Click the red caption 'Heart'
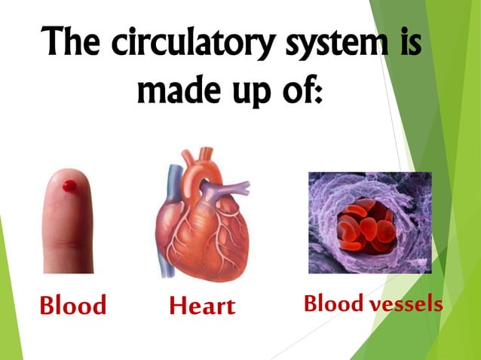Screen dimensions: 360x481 (202, 306)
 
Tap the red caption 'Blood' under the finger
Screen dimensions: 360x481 (72, 306)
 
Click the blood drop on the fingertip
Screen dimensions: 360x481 (69, 185)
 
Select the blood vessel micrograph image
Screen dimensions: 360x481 (369, 222)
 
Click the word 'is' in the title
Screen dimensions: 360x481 (407, 42)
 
